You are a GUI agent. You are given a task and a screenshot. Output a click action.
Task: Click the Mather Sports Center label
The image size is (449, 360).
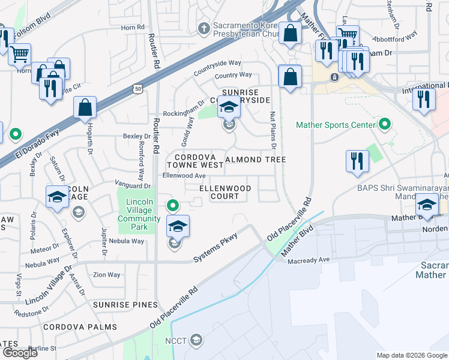(x=335, y=125)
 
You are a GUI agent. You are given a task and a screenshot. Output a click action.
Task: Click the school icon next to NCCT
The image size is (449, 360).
(x=196, y=341)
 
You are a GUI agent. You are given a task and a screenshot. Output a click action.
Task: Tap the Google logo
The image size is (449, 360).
(x=20, y=353)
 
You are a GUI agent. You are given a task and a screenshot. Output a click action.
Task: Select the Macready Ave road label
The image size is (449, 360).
(x=309, y=260)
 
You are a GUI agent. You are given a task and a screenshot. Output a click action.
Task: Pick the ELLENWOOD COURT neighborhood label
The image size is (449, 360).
(x=225, y=192)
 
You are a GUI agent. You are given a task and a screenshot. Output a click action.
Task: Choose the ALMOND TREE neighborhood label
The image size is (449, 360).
(x=255, y=160)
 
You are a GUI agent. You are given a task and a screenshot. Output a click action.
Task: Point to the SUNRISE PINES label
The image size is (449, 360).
(x=125, y=305)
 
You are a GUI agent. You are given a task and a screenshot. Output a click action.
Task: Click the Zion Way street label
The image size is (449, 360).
(x=106, y=275)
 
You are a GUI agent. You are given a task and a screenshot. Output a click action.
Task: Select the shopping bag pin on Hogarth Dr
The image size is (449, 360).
(x=85, y=108)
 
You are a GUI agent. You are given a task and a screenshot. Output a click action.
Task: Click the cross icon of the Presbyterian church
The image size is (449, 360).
(x=203, y=28)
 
